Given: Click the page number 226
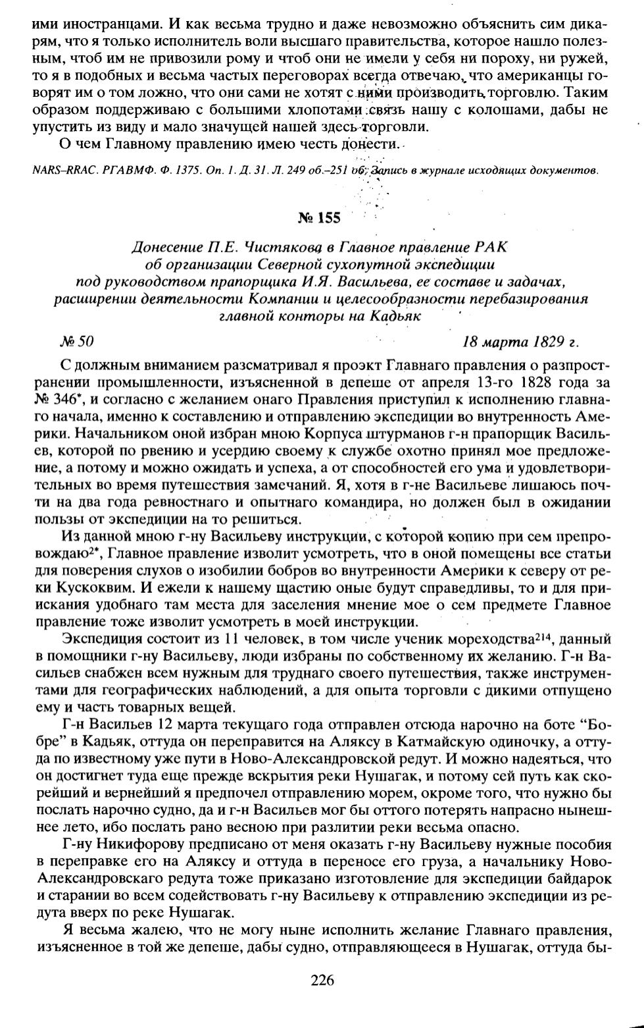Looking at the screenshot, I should click(322, 980).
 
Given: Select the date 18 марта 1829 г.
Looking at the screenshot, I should click(520, 342).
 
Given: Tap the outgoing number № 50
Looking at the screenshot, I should click(77, 342).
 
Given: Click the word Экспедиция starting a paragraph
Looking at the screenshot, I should click(100, 639).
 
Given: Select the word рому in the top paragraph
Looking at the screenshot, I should click(207, 60).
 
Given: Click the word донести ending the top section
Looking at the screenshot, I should click(373, 144).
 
